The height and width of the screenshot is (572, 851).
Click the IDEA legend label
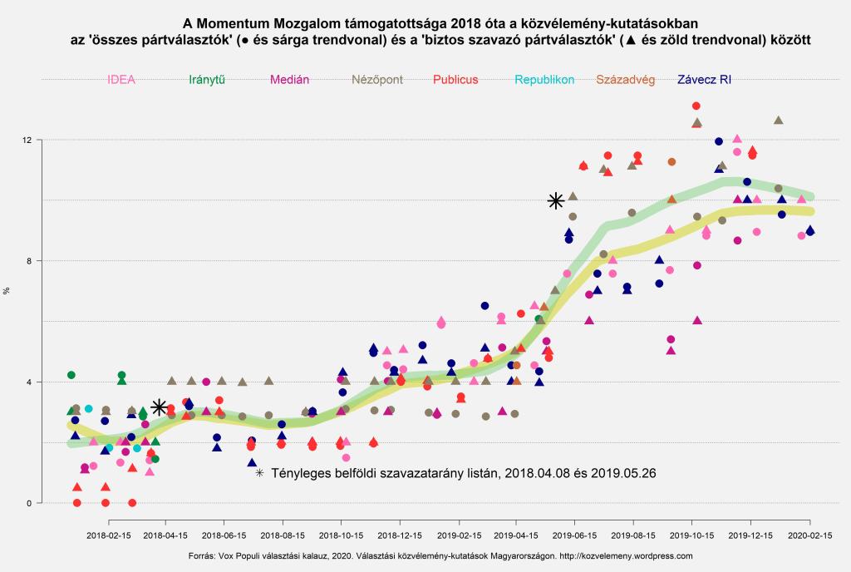click(121, 81)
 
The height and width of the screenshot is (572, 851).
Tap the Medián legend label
click(290, 81)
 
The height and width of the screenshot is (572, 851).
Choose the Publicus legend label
click(455, 81)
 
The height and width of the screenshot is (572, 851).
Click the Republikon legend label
click(544, 81)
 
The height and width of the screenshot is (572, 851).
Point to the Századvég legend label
click(626, 81)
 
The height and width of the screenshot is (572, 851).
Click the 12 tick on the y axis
click(27, 140)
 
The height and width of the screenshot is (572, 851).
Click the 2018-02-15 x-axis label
click(111, 537)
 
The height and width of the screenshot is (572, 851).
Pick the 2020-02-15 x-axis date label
click(809, 537)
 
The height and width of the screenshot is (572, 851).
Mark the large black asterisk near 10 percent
click(556, 200)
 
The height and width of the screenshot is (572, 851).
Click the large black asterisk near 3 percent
click(160, 407)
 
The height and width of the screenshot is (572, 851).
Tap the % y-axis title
click(7, 291)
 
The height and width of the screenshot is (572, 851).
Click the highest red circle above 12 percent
click(696, 106)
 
